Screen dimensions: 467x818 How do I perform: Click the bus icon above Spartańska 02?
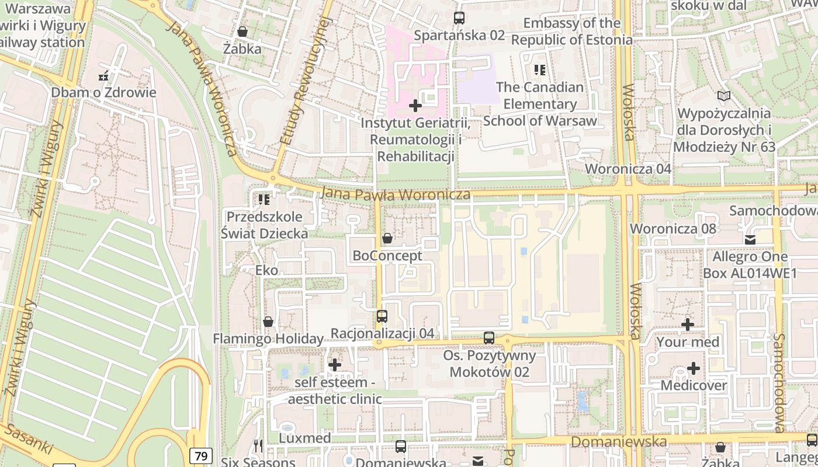pos(459,18)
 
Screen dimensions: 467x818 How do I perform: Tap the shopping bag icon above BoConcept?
pos(387,238)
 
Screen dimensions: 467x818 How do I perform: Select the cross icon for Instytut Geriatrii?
pos(415,106)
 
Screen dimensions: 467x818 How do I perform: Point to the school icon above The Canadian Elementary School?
pos(540,70)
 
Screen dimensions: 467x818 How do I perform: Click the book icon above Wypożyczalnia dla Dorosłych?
pos(724,96)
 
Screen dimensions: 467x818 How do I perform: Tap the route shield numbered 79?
pos(200,455)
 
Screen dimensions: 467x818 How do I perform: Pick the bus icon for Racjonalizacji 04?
pos(382,316)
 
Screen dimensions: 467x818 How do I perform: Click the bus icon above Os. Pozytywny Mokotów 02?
pos(489,338)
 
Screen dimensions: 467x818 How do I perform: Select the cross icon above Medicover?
pos(694,368)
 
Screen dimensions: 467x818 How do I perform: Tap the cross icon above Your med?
pos(688,325)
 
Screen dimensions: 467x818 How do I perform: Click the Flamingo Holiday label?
pos(268,339)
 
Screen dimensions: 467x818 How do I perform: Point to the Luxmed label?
pos(305,438)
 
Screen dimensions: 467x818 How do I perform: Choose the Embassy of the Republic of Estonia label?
pos(571,32)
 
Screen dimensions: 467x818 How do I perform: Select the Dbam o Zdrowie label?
pos(103,92)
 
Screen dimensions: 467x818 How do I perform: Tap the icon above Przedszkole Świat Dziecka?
pos(264,200)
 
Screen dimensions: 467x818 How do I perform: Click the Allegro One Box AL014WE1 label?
pos(750,264)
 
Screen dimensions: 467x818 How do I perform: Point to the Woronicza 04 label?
pos(628,169)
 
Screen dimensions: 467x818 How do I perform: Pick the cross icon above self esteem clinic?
pos(335,365)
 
